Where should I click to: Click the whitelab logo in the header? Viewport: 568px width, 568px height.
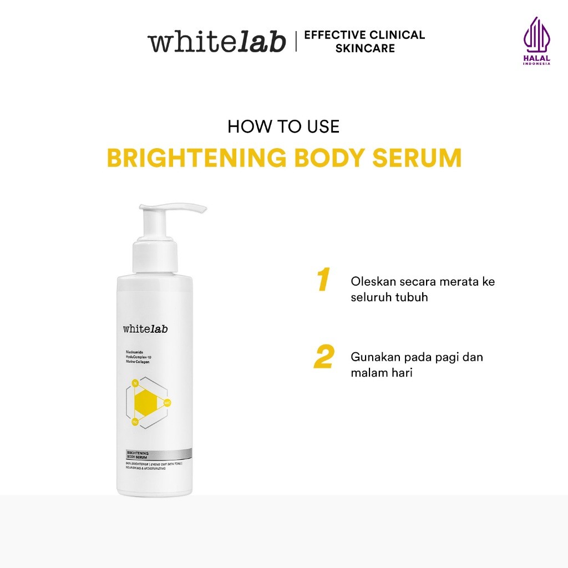pos(216,42)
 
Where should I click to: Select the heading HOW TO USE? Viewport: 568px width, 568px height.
pos(283,126)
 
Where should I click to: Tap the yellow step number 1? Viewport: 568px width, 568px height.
pos(323,280)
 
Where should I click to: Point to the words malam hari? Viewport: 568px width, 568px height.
pos(382,373)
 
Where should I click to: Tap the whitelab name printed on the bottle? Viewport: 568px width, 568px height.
pos(145,329)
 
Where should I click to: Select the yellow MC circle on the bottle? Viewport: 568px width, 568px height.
pos(168,402)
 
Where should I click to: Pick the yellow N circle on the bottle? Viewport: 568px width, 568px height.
pos(135,382)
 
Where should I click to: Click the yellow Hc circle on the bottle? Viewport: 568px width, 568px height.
pos(135,422)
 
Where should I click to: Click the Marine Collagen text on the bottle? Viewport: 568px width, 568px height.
pos(138,362)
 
